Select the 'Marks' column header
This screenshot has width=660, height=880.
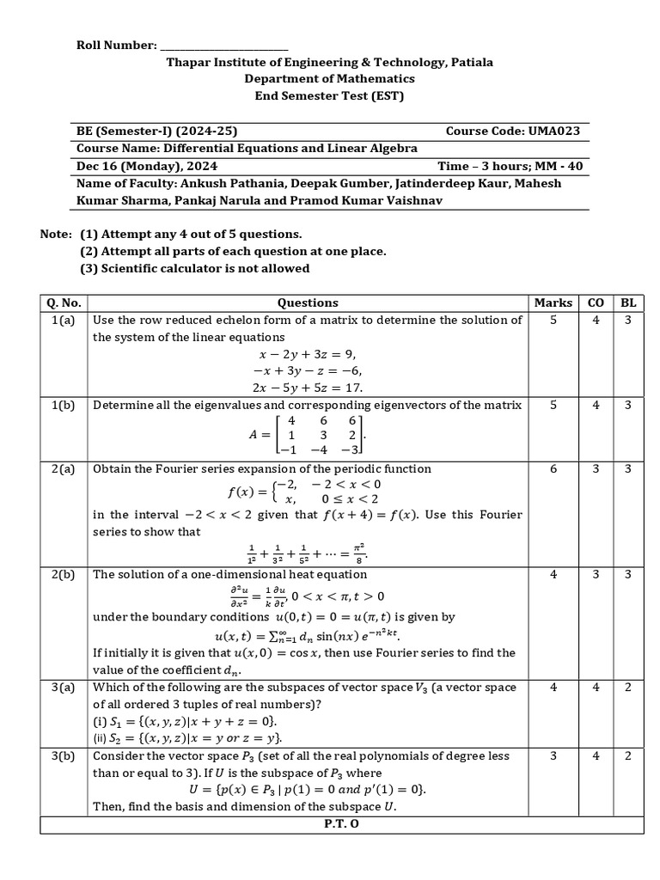click(x=553, y=302)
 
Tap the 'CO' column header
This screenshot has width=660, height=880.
click(x=596, y=302)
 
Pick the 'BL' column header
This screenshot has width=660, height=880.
click(x=627, y=302)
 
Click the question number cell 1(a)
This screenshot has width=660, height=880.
click(x=65, y=320)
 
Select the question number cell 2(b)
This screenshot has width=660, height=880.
click(x=65, y=574)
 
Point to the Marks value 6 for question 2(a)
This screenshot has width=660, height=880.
click(x=553, y=468)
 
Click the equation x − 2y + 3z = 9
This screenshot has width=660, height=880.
click(x=307, y=353)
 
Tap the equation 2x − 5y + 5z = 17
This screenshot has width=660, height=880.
click(x=307, y=387)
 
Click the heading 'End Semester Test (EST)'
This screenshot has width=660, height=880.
click(x=329, y=95)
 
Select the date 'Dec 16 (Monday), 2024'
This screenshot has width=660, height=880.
click(x=147, y=166)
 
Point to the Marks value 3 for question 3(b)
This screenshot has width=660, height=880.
click(x=553, y=755)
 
